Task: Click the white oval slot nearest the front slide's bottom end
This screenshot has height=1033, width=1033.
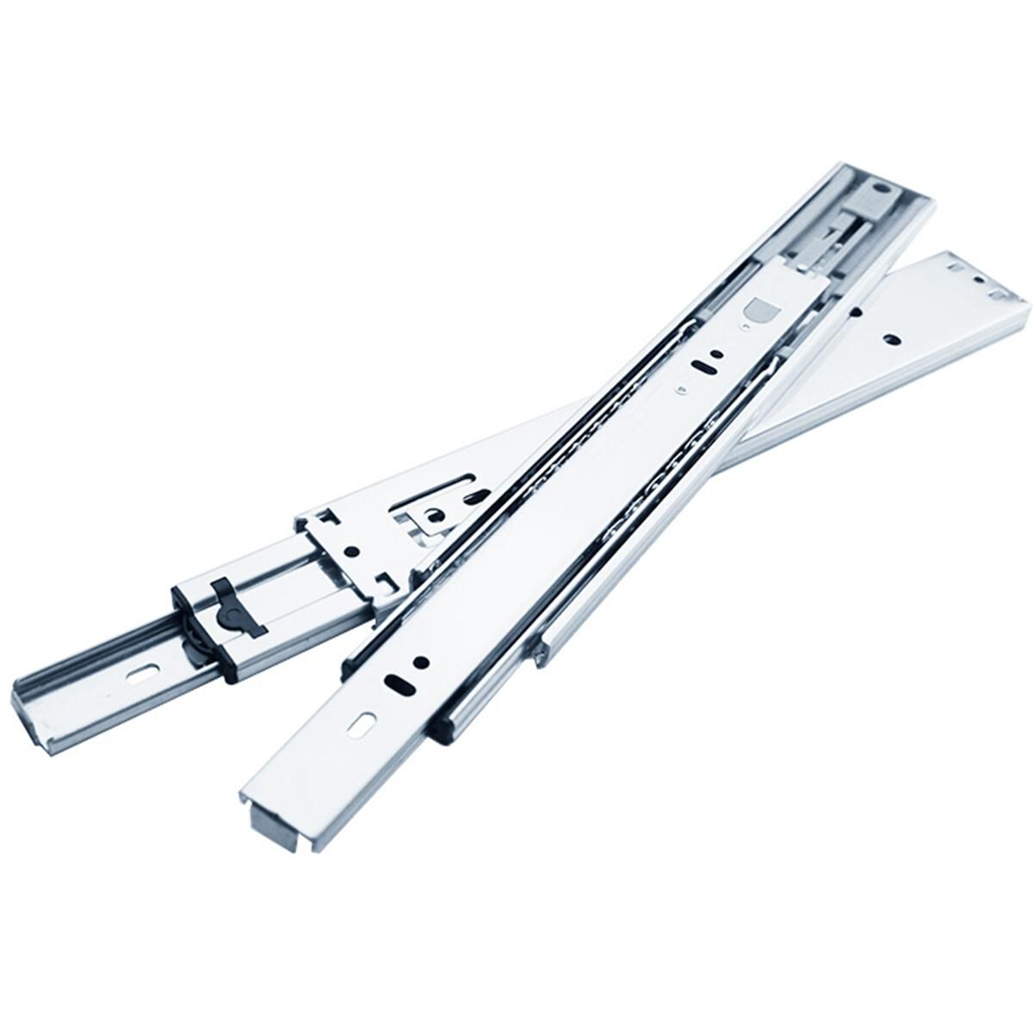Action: tap(362, 724)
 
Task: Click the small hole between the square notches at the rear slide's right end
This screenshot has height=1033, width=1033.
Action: tap(976, 279)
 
